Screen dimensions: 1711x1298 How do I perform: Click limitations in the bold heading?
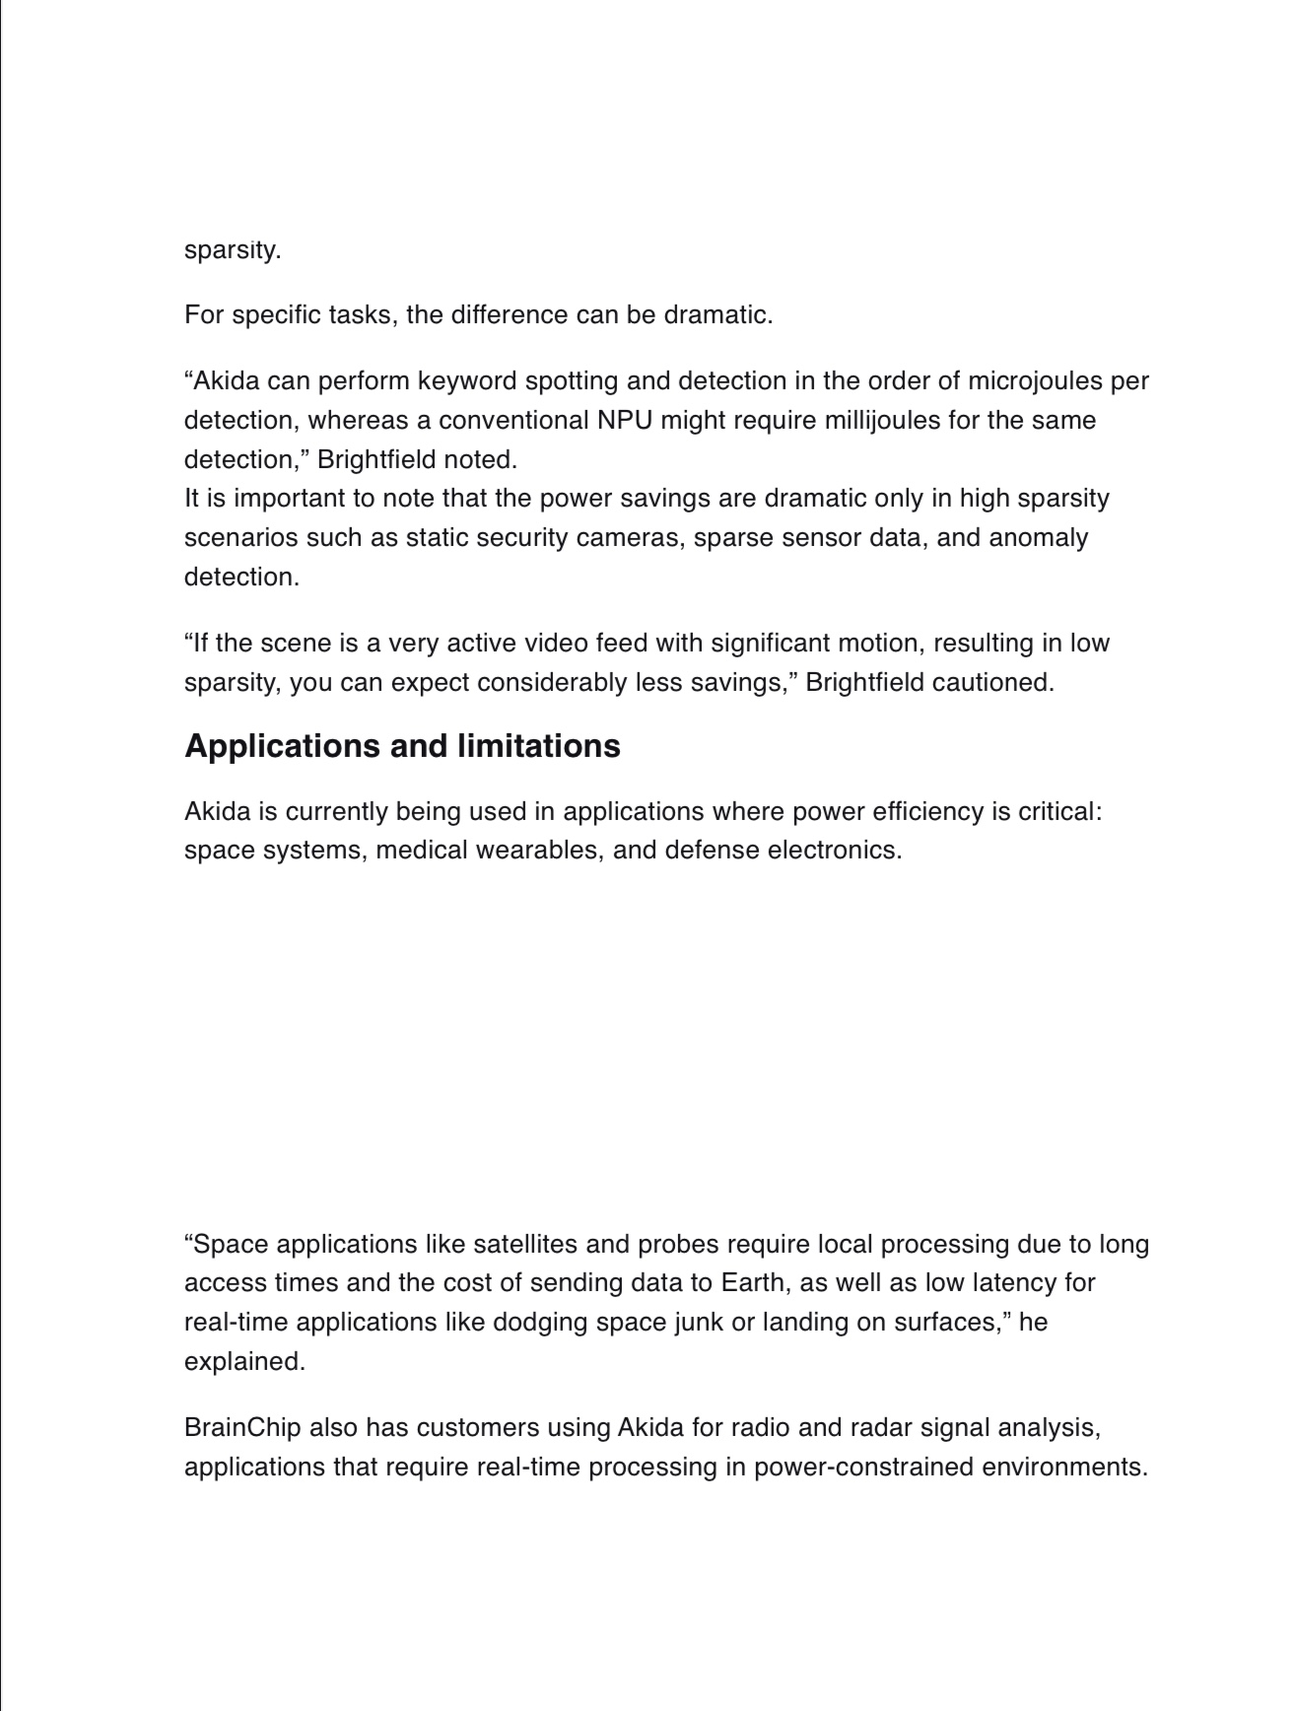point(525,746)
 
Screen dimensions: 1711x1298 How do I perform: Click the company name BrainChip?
point(242,1428)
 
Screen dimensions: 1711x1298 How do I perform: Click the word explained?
point(244,1362)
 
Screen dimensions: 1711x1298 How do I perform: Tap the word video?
point(553,644)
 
